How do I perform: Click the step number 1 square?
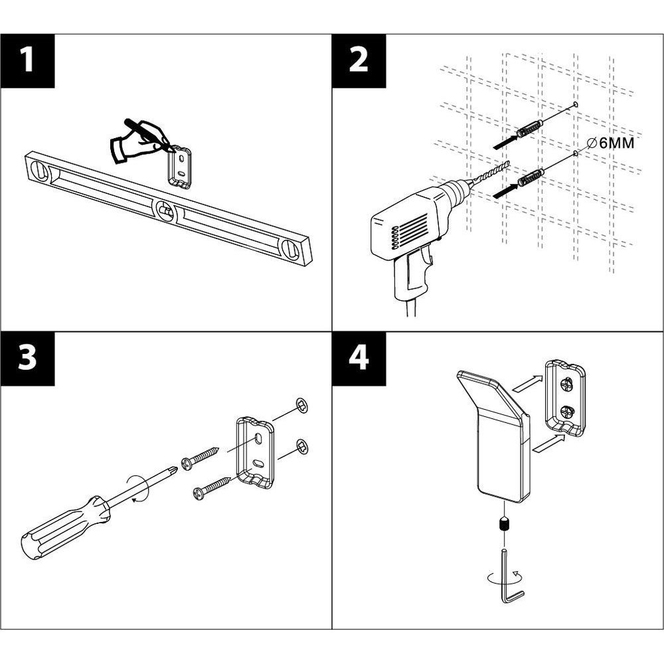[x=27, y=60]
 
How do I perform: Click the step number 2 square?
[x=359, y=60]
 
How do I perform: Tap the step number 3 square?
[x=27, y=359]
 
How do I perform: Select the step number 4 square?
[x=359, y=359]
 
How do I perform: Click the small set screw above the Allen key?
[x=504, y=526]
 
